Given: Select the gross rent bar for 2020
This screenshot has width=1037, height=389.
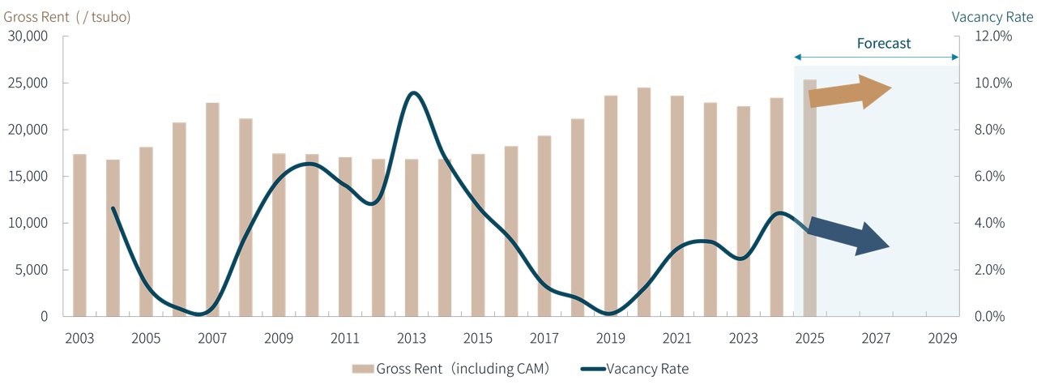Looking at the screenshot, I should (x=644, y=202).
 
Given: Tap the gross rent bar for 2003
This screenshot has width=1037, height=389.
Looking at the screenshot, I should (x=79, y=235).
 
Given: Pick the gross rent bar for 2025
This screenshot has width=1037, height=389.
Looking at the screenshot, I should (x=810, y=198).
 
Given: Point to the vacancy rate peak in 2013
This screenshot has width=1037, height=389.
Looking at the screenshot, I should (x=413, y=93).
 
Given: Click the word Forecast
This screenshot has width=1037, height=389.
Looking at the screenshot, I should (x=884, y=44).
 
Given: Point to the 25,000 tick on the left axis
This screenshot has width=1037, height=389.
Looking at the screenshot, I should (x=28, y=83).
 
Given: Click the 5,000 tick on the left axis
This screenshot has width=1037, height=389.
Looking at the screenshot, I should (x=31, y=270).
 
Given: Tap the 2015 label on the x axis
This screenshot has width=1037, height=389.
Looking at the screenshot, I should (x=478, y=337).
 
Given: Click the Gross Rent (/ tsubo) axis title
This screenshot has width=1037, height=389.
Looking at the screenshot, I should (x=67, y=17).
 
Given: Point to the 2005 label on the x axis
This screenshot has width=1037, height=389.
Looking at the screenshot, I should (x=146, y=337).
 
